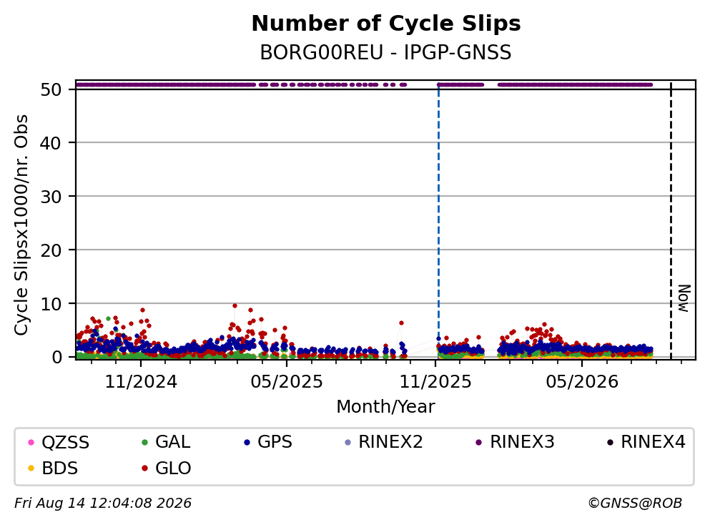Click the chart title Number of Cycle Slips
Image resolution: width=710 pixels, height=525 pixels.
pos(386,24)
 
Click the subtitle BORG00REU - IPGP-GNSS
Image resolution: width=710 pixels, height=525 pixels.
pos(386,52)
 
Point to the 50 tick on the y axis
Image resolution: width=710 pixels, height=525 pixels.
pos(51,89)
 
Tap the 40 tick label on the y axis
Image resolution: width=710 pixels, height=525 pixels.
pos(51,143)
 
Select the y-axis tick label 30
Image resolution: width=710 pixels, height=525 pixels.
pos(51,197)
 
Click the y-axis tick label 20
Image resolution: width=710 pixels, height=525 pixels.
pos(51,250)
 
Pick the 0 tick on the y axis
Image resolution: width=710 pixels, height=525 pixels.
pos(56,357)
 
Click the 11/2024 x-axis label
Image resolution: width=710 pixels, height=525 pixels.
pos(141,382)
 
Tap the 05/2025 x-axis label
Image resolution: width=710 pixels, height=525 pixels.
pos(287,382)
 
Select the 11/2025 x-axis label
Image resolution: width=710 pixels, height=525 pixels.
pos(435,382)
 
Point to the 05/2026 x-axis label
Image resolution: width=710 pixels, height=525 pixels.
pos(582,382)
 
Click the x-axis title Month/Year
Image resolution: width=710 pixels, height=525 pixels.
pos(385,406)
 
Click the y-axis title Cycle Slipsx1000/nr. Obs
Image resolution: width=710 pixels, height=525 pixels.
pos(21,225)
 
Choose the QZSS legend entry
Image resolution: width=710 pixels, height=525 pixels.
pos(59,442)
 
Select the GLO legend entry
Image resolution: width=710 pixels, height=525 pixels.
pos(166,468)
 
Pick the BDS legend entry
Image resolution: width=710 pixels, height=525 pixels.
pos(53,468)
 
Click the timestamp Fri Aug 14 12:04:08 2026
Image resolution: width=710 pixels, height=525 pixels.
pos(103,503)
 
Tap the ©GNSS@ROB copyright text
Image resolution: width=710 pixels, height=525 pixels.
pos(635,503)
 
